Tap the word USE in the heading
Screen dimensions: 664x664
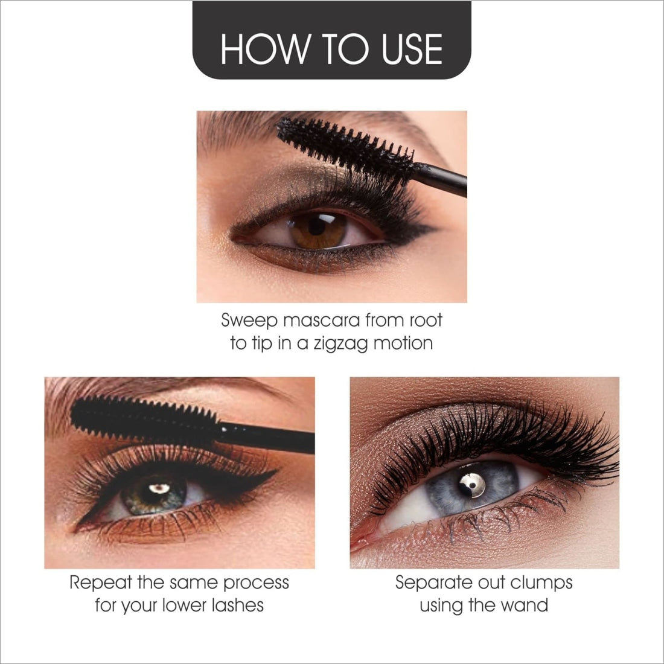coord(412,49)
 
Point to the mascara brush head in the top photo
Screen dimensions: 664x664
coord(345,146)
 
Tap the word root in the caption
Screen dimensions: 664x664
coord(426,320)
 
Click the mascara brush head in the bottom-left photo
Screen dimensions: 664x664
coord(144,420)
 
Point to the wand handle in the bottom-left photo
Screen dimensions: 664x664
coord(266,438)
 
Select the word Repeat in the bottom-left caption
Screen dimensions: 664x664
coord(101,583)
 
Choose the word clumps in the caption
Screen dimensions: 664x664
coord(541,583)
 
